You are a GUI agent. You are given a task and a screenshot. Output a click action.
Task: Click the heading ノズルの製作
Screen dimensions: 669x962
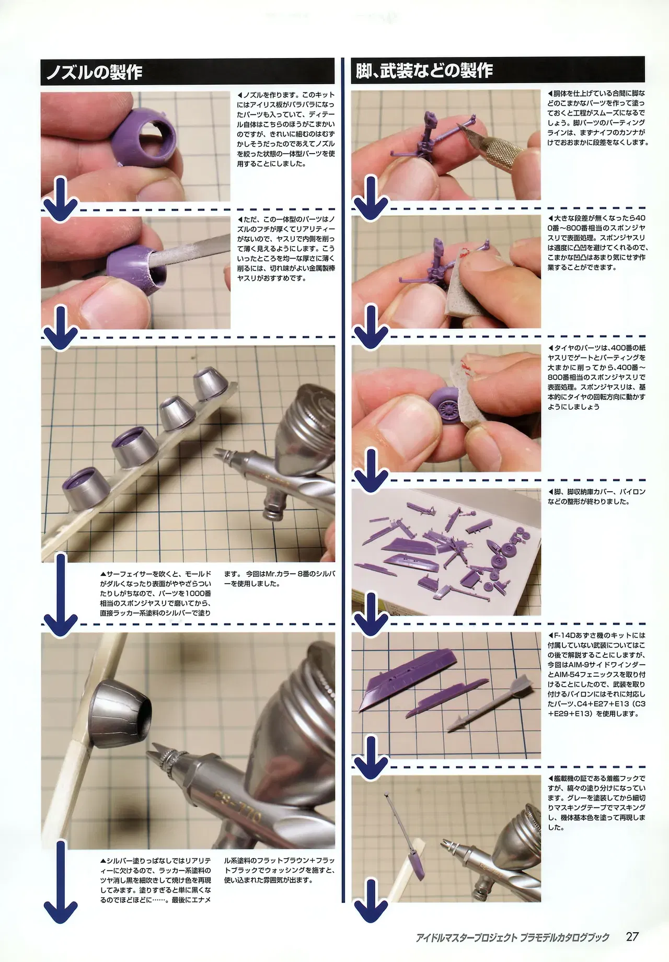coord(95,72)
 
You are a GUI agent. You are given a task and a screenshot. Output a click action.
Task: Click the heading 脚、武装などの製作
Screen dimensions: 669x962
coord(424,71)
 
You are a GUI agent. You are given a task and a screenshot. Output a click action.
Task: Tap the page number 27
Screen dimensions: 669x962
coord(632,936)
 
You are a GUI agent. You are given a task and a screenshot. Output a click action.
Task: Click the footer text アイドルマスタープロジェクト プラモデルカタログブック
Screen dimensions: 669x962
coord(513,937)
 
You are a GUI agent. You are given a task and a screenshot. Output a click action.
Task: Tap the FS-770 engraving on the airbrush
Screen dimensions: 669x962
coord(235,805)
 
